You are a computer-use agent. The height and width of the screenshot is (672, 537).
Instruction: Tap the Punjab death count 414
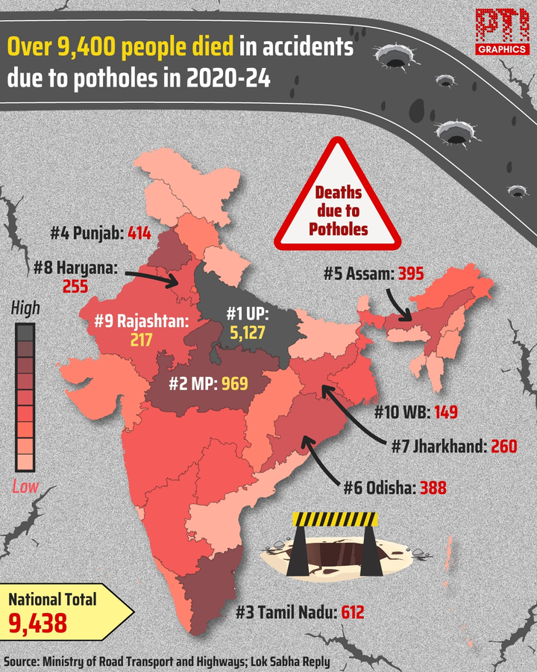coord(139,233)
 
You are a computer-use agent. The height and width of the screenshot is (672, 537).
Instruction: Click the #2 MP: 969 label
coord(206,385)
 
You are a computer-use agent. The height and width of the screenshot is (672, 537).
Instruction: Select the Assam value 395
coord(409,274)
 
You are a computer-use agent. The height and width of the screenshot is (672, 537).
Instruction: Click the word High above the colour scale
coord(26,307)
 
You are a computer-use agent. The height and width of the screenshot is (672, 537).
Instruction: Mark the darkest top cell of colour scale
coord(25,332)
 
